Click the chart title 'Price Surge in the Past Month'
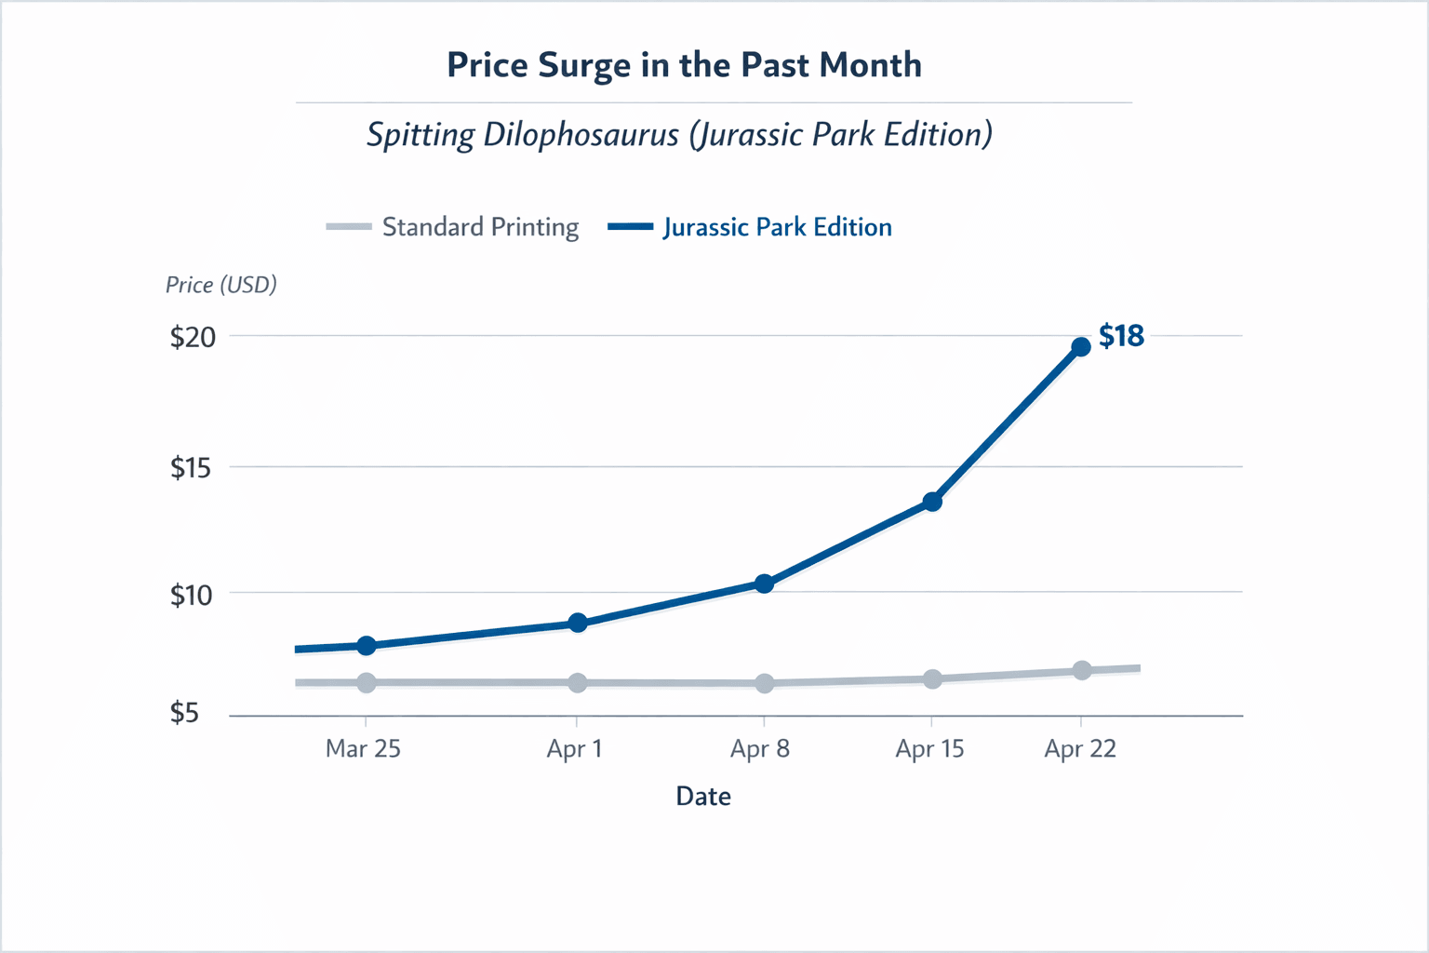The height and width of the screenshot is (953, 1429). [684, 65]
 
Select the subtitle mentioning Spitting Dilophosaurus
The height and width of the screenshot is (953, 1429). [679, 135]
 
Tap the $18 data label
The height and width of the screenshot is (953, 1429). [1121, 336]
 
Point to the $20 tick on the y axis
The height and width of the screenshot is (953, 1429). [193, 337]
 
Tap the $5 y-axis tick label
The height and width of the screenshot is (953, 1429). [184, 713]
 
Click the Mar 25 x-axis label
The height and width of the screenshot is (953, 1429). [363, 748]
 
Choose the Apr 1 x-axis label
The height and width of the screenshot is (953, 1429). [574, 748]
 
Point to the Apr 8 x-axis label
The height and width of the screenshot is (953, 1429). [760, 748]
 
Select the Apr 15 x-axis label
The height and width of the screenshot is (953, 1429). [929, 748]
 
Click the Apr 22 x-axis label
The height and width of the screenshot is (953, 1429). [1080, 748]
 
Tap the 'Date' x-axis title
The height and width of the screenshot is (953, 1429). [703, 796]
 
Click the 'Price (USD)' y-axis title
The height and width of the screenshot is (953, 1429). [221, 285]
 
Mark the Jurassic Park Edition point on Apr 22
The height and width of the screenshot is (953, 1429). [1081, 347]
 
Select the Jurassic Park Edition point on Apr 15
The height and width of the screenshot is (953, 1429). [932, 502]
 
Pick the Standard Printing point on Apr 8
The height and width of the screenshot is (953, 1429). [765, 684]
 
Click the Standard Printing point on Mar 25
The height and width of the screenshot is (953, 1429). [367, 683]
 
